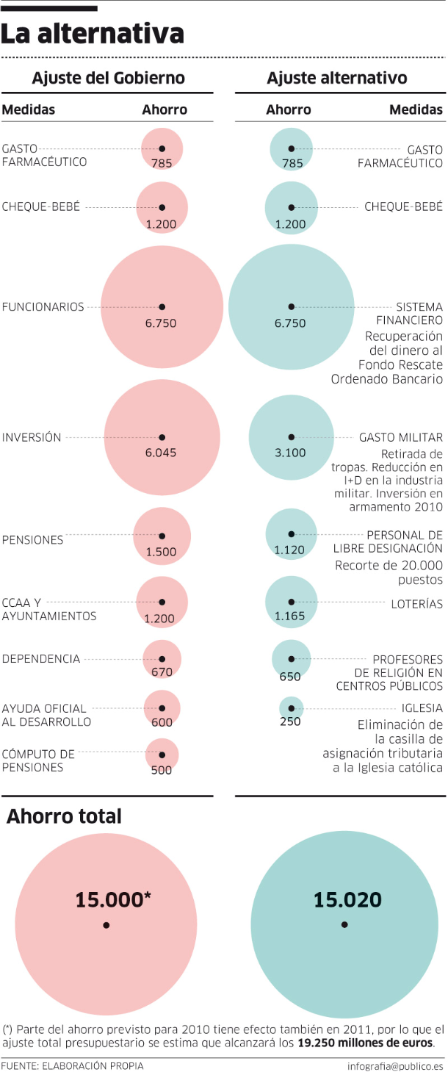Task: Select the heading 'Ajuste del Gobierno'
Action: click(x=108, y=78)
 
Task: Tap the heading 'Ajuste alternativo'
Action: click(x=337, y=78)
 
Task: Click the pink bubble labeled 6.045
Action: click(x=162, y=436)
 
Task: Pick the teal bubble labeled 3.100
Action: click(x=291, y=436)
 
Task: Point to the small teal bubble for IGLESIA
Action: click(x=291, y=708)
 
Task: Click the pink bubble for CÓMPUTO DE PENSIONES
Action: click(x=162, y=753)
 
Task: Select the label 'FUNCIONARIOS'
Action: click(x=43, y=306)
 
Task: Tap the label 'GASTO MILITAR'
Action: click(x=401, y=437)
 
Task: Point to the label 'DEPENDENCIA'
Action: click(x=41, y=658)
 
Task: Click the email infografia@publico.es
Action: click(x=396, y=1065)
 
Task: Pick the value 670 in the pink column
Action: click(x=162, y=672)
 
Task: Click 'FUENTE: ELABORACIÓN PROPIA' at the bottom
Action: click(x=72, y=1065)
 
